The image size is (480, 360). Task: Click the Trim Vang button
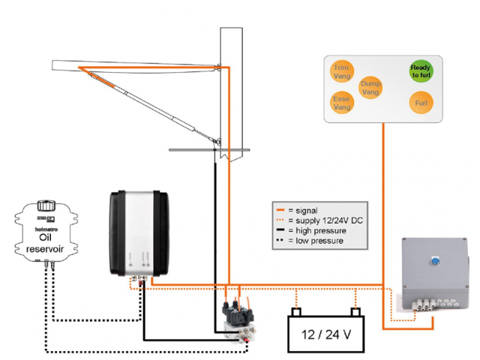(x=342, y=71)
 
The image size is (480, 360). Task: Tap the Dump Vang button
(x=370, y=87)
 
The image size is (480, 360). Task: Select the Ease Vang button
(x=342, y=103)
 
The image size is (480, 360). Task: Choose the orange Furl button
(x=421, y=101)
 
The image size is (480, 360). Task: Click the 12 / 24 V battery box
(x=325, y=334)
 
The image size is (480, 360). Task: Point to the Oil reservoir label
(x=47, y=242)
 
